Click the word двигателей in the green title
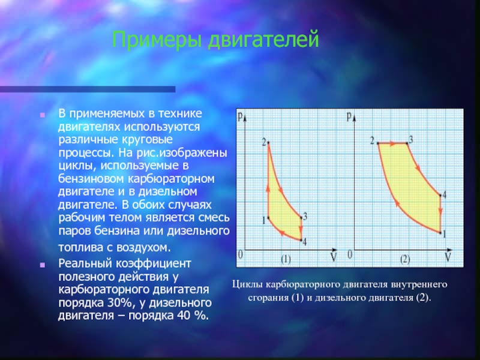point(263,40)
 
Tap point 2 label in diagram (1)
point(264,142)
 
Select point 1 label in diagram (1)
point(263,220)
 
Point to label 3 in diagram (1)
point(305,217)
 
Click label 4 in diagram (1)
point(304,242)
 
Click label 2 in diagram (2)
point(372,141)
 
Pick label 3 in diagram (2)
point(411,140)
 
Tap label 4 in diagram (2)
point(444,194)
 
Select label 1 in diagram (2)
point(445,234)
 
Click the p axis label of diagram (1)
point(241,116)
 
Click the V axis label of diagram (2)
point(448,257)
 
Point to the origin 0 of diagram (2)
point(350,254)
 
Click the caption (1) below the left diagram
point(286,260)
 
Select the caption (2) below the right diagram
point(404,260)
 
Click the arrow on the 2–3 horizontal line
point(392,143)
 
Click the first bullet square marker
point(42,115)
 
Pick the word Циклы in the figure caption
point(247,284)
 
